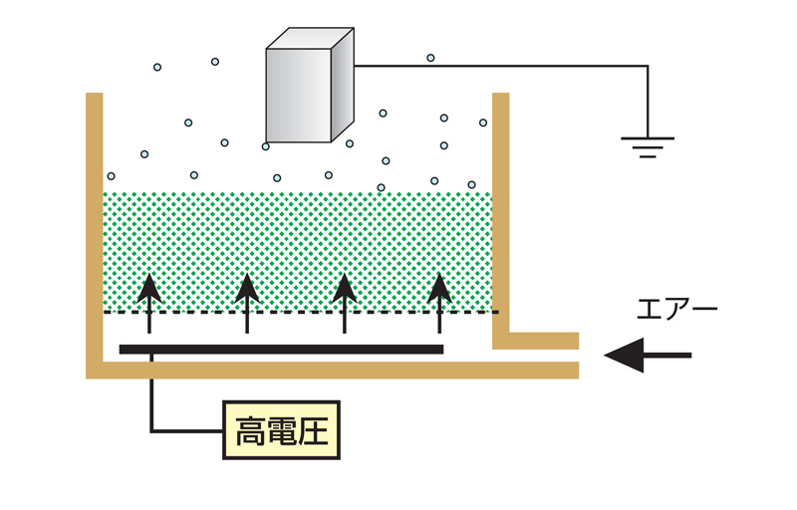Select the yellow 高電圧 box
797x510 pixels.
281,430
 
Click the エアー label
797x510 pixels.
676,310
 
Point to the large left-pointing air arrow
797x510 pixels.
648,355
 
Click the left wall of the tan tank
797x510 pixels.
94,229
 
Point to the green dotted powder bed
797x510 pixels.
299,239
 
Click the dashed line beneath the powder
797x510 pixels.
299,313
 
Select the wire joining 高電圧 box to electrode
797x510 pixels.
152,408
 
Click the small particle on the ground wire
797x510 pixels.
430,58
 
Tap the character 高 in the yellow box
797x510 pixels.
248,430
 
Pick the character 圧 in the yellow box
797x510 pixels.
314,430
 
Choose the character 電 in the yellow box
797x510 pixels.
281,430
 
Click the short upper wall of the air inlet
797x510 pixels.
538,341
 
